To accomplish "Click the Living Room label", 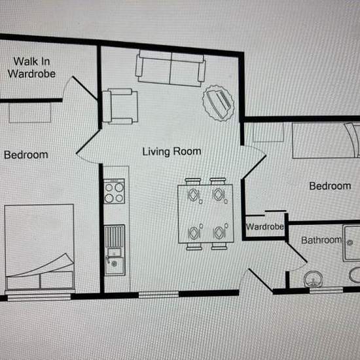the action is point(171,152).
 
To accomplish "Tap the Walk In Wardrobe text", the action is point(31,67).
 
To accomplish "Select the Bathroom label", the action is point(321,240).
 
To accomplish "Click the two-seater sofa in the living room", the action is point(170,68).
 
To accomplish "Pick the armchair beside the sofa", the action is point(120,106).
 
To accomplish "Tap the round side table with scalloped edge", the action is point(219,103).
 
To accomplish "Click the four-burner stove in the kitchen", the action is point(114,192).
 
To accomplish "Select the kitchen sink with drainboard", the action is point(115,250).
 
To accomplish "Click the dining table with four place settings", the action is point(206,214).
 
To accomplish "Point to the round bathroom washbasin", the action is point(313,279).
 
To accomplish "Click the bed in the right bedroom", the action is point(326,140).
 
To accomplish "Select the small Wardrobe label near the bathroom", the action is point(264,227).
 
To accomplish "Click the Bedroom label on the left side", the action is point(26,155).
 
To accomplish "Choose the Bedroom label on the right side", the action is point(330,186).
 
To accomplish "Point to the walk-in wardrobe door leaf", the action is point(84,88).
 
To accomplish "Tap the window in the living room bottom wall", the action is point(158,295).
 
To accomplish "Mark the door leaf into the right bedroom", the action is point(254,167).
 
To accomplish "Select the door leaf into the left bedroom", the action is point(88,141).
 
